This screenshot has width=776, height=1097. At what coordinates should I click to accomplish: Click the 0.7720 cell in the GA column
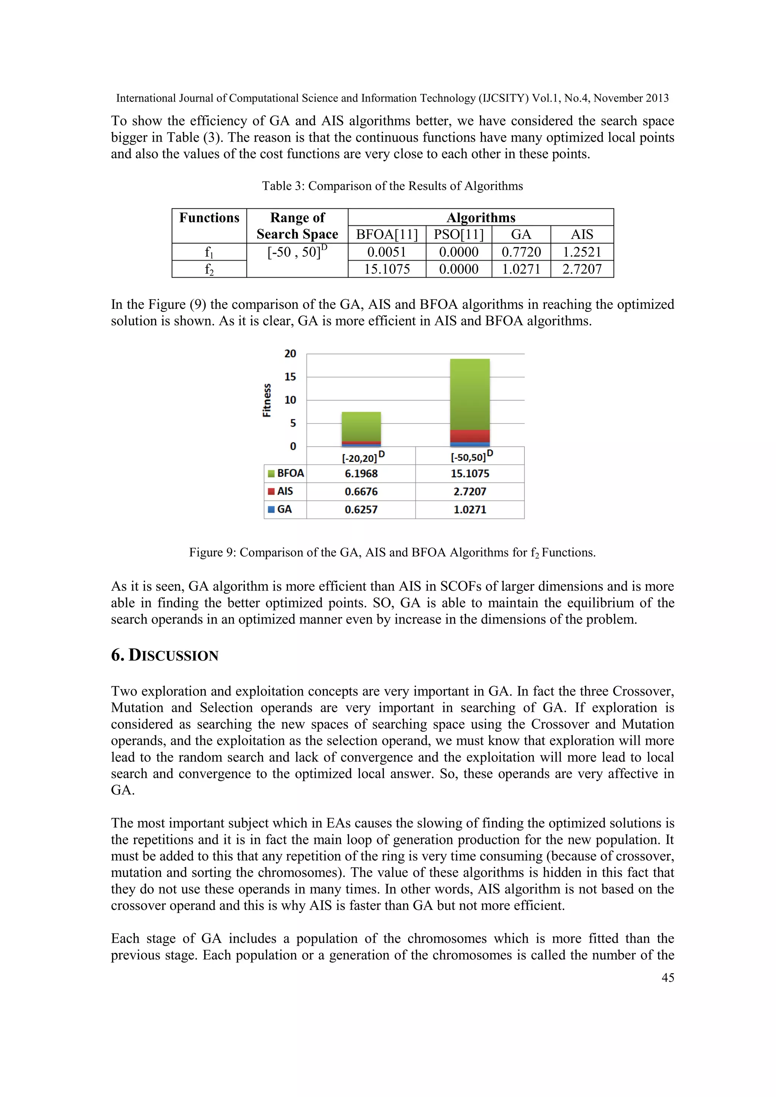[521, 252]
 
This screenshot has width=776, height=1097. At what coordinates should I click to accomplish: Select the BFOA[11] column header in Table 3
[386, 234]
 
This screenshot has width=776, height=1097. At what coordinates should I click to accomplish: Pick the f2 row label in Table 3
[209, 269]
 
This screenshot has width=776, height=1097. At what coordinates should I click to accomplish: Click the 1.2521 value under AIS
[582, 252]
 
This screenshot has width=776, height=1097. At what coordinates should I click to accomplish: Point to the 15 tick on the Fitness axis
[290, 377]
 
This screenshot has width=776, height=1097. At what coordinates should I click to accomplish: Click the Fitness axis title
[267, 400]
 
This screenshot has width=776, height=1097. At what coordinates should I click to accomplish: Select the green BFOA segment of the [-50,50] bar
[470, 394]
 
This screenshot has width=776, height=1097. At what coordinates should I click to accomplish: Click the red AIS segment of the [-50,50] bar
[470, 436]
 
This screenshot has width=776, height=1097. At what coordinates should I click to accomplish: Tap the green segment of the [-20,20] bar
[361, 426]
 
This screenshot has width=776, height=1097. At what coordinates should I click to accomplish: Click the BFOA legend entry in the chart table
[286, 473]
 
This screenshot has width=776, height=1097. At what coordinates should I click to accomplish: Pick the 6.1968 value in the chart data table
[361, 473]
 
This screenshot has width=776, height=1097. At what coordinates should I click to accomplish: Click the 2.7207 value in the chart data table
[470, 492]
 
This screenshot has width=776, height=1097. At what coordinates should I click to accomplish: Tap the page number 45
[668, 978]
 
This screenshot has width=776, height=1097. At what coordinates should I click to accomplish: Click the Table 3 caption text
[392, 186]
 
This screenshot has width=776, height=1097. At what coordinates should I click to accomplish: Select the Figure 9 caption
[392, 552]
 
